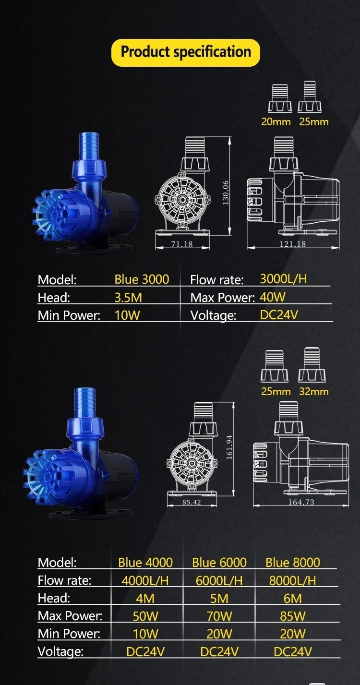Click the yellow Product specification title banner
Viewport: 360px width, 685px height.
(186, 53)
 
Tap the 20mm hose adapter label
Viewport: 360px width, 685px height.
(276, 122)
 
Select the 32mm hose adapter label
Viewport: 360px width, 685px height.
(314, 391)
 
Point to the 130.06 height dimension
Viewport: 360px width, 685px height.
(226, 192)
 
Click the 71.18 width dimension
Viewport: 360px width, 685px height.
(182, 244)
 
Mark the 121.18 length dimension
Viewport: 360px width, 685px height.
(293, 244)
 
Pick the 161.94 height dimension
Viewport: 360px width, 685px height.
(229, 447)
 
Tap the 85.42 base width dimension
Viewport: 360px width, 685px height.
(192, 502)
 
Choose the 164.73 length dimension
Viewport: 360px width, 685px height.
(301, 502)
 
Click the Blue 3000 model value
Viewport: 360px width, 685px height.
(142, 279)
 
